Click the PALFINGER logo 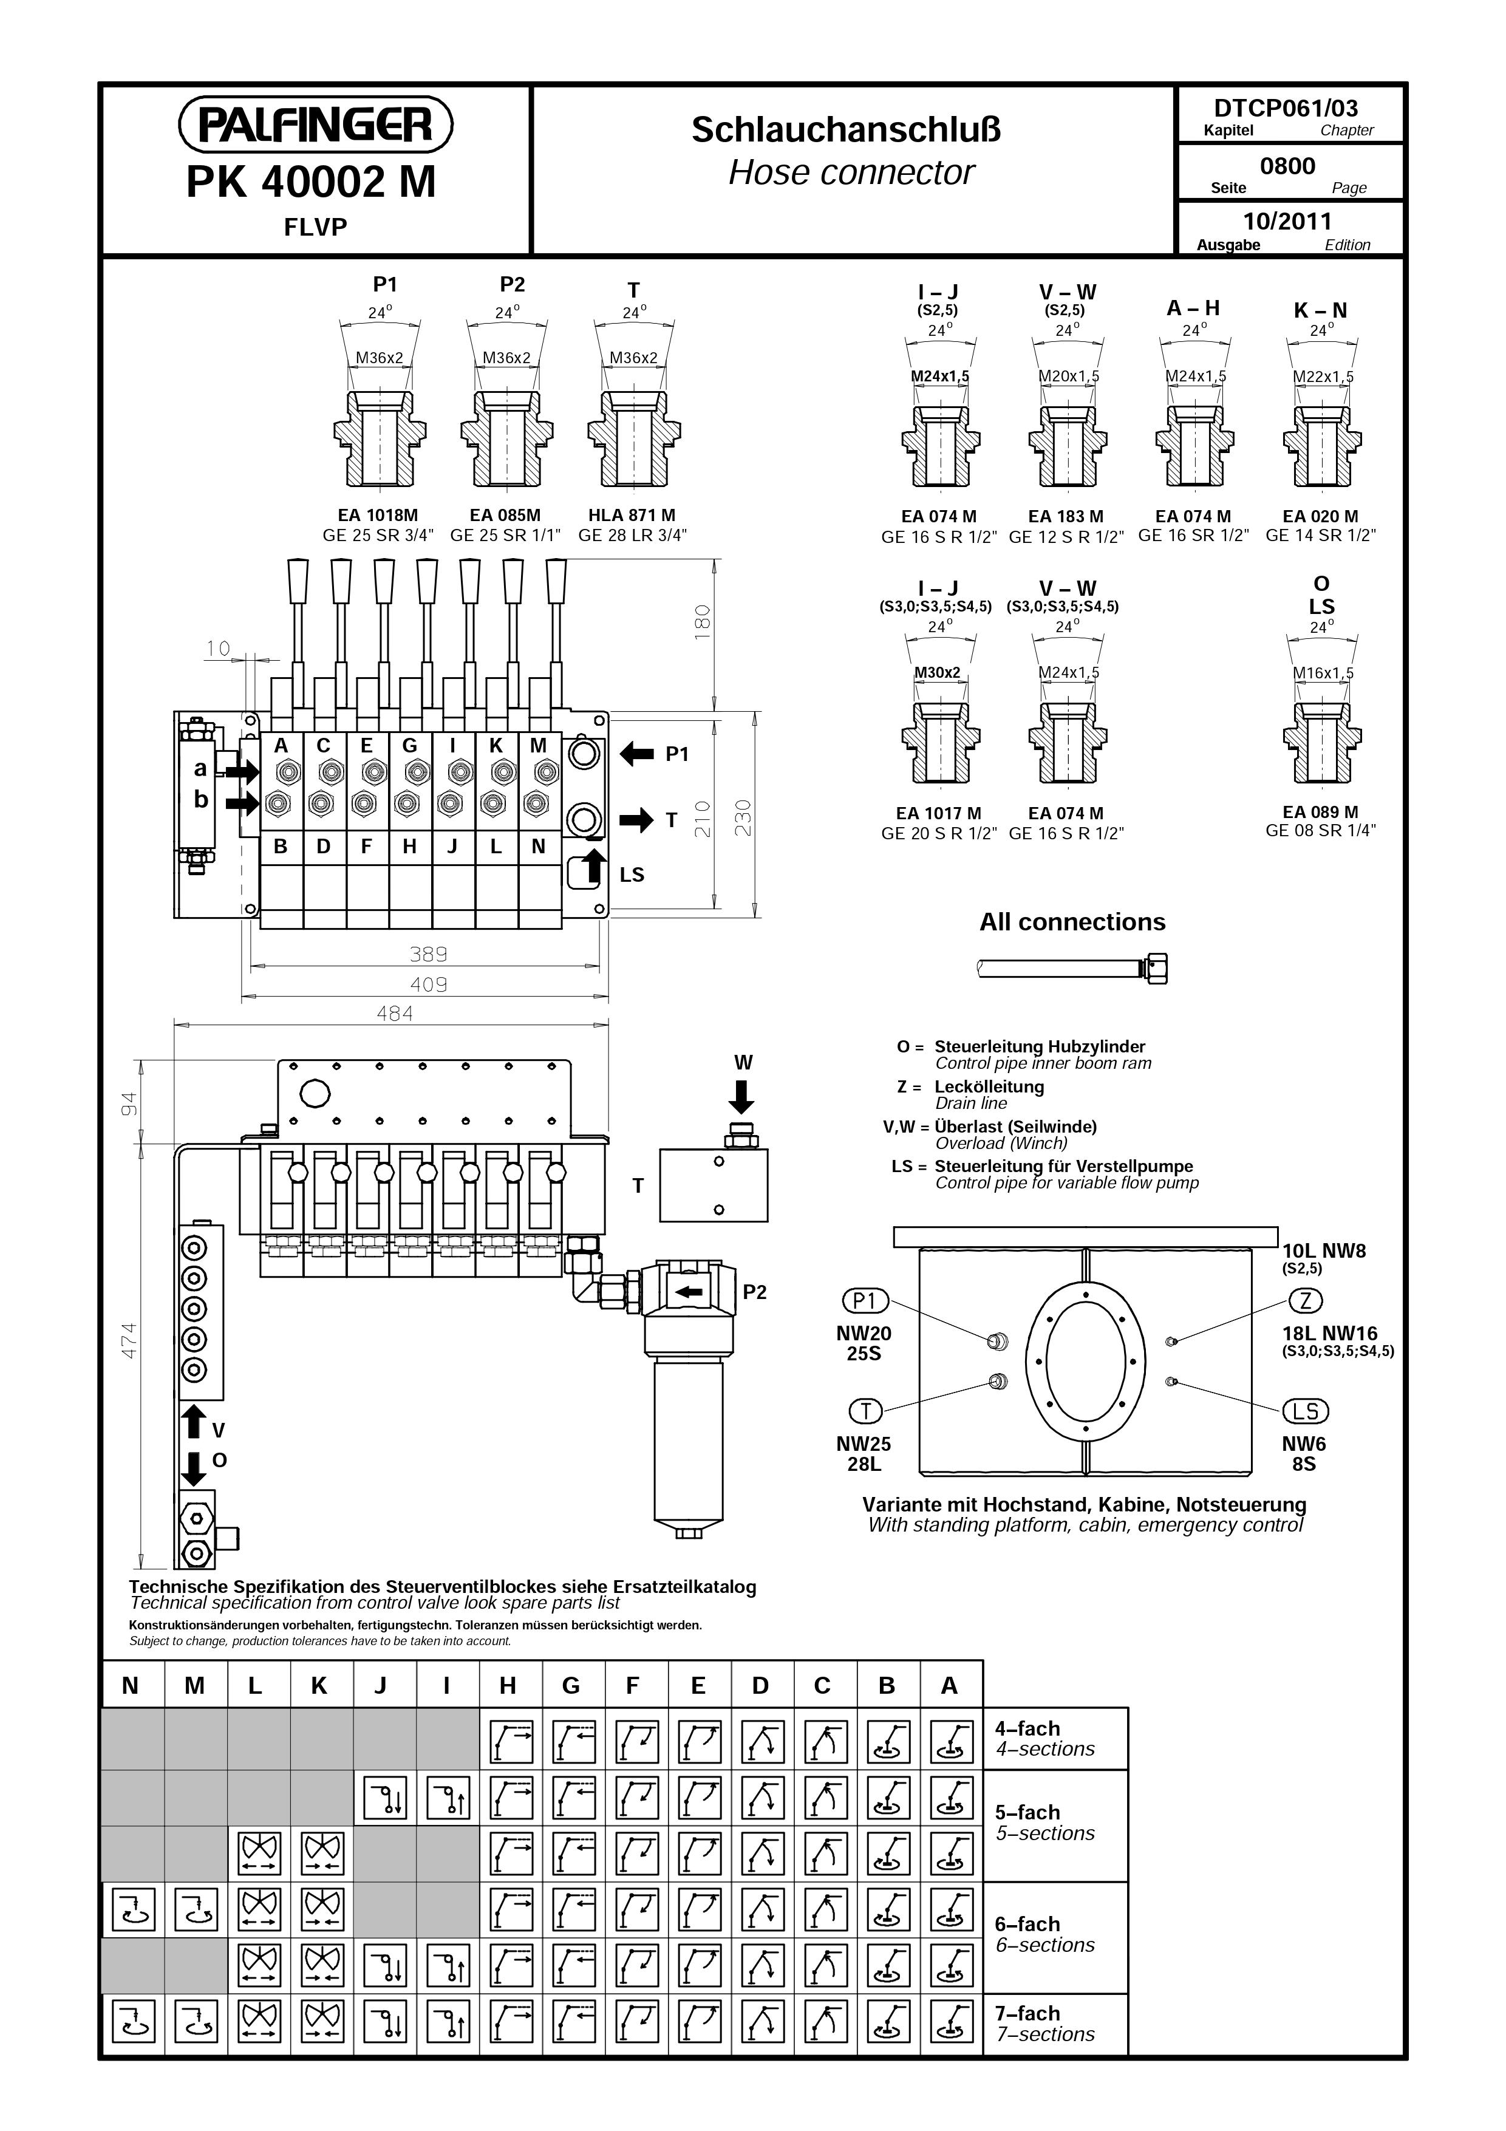click(316, 124)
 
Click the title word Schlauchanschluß click(847, 129)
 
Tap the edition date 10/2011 click(1287, 221)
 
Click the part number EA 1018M click(378, 515)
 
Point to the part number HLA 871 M click(632, 515)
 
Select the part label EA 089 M click(1320, 812)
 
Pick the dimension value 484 click(394, 1014)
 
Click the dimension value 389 click(429, 954)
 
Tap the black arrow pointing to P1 click(636, 754)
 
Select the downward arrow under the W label click(741, 1097)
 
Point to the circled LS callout click(1306, 1411)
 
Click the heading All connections click(1072, 922)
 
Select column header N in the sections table click(131, 1685)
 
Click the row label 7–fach click(1027, 2013)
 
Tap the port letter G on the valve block click(409, 745)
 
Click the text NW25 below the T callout click(863, 1444)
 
